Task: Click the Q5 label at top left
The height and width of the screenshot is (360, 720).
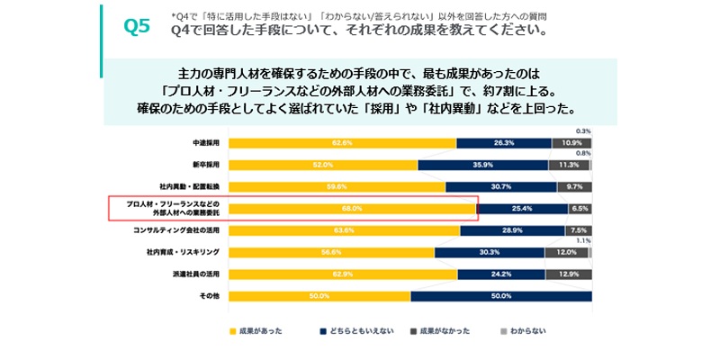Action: [x=136, y=26]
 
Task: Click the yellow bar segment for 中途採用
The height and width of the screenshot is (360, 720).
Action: [x=342, y=143]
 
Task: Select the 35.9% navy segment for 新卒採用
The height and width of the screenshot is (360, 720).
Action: [x=483, y=165]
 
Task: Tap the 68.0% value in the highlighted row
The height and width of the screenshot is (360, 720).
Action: [x=352, y=209]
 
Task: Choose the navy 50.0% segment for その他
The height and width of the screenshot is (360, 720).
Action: [x=501, y=296]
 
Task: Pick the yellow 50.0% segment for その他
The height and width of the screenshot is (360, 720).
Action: [x=319, y=296]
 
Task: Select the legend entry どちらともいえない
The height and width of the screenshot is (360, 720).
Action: [x=351, y=332]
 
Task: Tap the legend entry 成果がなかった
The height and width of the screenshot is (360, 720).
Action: [x=440, y=332]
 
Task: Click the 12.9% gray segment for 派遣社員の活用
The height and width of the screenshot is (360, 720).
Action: [x=569, y=274]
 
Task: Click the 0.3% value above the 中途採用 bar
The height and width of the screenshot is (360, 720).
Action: [x=583, y=131]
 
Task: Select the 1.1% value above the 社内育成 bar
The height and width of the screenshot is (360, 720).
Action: [x=583, y=241]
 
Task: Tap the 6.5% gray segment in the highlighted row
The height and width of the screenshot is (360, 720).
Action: [x=580, y=209]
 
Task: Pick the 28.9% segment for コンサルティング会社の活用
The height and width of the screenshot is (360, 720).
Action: [x=512, y=230]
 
